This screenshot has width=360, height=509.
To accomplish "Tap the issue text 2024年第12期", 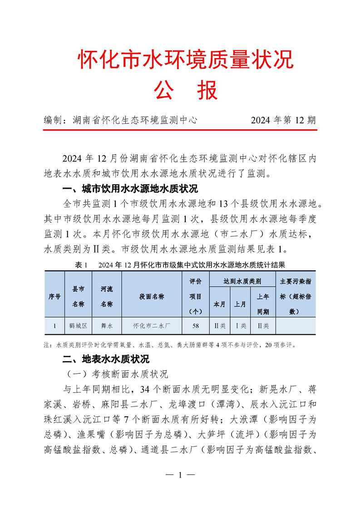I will coord(283,120).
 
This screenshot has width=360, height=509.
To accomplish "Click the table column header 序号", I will coord(54,296).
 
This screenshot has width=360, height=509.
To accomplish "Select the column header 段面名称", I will coord(152,296).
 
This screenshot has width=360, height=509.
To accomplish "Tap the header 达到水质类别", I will coord(242,281).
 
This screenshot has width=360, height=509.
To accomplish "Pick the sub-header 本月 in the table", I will coord(219,304).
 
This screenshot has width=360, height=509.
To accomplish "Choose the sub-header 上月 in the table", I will coord(240,304).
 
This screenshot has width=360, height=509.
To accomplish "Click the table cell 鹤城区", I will coord(78,326).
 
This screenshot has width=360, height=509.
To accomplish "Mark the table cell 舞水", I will coord(107,326).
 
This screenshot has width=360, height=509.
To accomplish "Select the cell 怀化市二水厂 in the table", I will coord(152,326).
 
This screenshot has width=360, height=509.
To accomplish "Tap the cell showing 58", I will coord(196,326).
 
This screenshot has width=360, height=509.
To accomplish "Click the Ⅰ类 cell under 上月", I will coord(240,326).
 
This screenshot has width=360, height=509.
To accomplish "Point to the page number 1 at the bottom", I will coord(180,475).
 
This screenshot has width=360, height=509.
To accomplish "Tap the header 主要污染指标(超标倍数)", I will coord(296,296).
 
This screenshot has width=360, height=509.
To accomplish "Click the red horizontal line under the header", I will coord(180,130).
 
